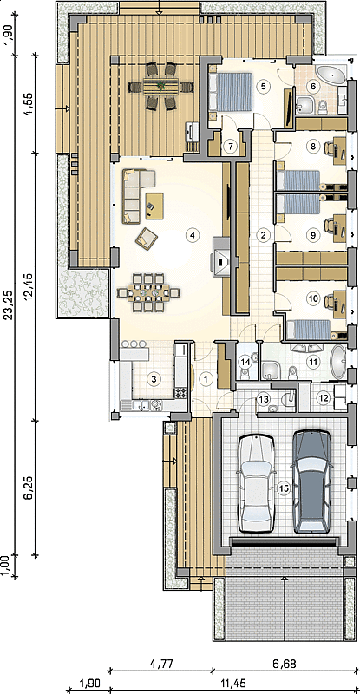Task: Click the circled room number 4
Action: tap(192, 235)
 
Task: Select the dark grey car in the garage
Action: tap(312, 481)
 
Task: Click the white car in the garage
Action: tap(256, 483)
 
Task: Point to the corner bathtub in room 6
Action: tap(332, 74)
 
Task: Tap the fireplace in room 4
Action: tap(221, 257)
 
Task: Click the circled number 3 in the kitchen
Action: tap(154, 379)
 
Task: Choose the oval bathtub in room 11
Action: tap(338, 362)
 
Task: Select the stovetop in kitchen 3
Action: tap(181, 392)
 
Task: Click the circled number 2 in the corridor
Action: tap(263, 235)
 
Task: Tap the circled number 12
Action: tap(324, 398)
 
